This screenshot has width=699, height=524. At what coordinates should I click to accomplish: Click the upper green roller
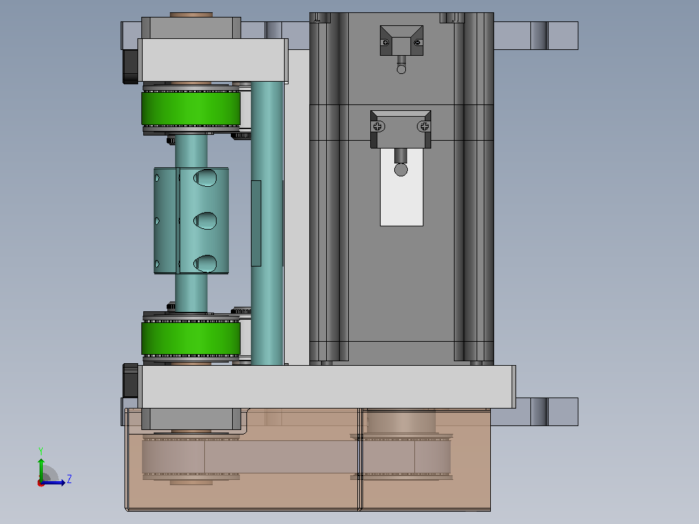coord(191,108)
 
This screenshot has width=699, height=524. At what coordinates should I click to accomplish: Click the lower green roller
coord(191,339)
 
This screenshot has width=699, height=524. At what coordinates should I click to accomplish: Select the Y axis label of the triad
coord(41,451)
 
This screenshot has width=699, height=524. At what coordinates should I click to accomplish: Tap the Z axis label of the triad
coord(69,479)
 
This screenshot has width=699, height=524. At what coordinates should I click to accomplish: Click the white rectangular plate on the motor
coord(401,187)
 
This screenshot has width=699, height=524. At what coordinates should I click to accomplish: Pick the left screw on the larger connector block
coord(377,126)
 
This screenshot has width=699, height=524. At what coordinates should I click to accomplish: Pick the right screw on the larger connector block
coord(424,126)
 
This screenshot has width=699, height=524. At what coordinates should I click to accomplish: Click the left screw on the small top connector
coord(386,43)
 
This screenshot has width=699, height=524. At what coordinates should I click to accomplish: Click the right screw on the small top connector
coord(418,43)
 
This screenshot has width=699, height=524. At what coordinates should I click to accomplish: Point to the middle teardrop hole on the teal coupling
coord(205,220)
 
